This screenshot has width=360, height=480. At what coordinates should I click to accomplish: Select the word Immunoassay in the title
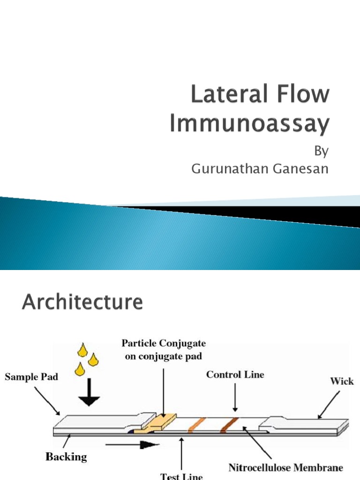click(x=249, y=124)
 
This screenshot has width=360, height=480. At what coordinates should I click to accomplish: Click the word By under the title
click(x=321, y=152)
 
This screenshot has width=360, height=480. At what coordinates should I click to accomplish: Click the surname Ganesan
click(x=298, y=169)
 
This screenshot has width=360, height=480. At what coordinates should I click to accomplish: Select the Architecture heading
click(x=82, y=302)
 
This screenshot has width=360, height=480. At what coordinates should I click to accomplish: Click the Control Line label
click(x=236, y=375)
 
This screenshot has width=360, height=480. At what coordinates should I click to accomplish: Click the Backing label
click(x=66, y=456)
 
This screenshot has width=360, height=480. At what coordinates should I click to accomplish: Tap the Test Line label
click(x=182, y=476)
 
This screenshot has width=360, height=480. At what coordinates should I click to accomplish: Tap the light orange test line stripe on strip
click(x=194, y=424)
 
